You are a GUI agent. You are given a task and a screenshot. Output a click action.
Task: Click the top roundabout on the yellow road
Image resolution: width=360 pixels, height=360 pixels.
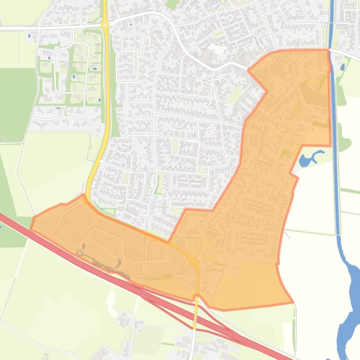[x=105, y=25]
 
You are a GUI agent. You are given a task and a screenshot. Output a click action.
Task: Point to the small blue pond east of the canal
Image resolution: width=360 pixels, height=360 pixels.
[x=343, y=67]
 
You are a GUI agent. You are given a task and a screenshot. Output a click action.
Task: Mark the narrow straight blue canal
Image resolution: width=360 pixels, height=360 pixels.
[x=334, y=140]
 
